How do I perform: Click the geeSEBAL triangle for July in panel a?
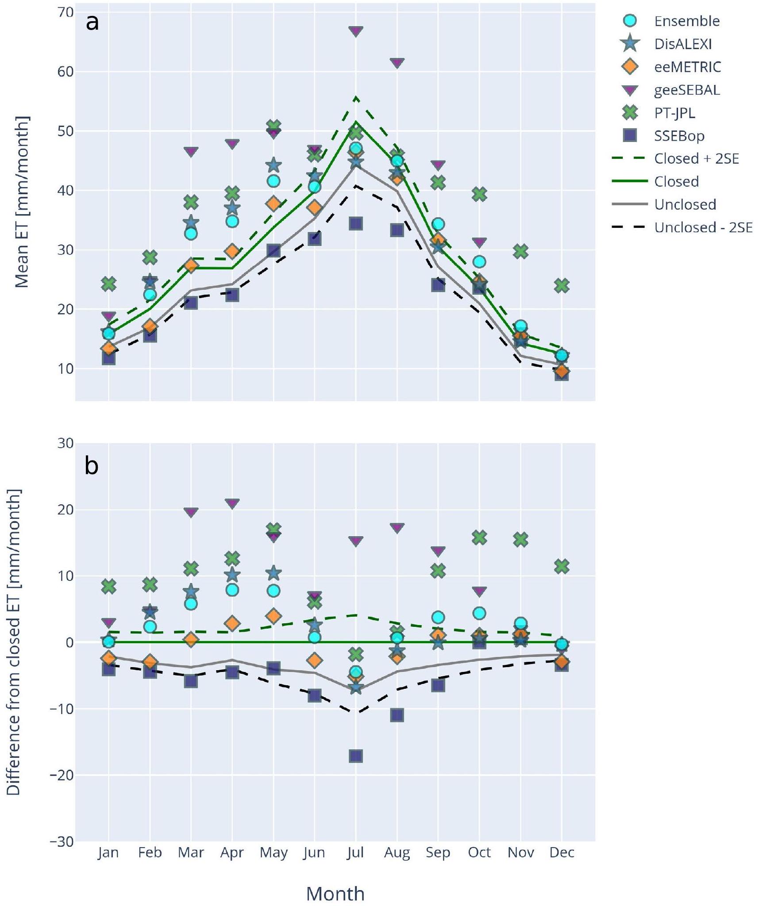click(x=355, y=31)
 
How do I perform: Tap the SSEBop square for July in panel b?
click(x=355, y=756)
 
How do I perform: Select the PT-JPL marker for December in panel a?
click(x=561, y=285)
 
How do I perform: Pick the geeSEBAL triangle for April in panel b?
click(x=232, y=503)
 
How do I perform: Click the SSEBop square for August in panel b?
click(x=397, y=715)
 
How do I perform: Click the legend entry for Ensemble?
click(x=686, y=21)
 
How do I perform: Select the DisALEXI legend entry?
click(x=683, y=44)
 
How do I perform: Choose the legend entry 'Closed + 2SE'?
click(x=696, y=158)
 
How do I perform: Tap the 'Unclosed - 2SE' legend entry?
click(x=703, y=227)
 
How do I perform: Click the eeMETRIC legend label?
click(x=687, y=67)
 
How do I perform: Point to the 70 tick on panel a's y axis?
click(x=65, y=12)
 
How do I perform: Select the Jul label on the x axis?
click(x=355, y=852)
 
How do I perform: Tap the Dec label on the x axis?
click(x=562, y=852)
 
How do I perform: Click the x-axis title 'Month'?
click(x=335, y=894)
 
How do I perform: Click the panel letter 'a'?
click(x=92, y=22)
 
